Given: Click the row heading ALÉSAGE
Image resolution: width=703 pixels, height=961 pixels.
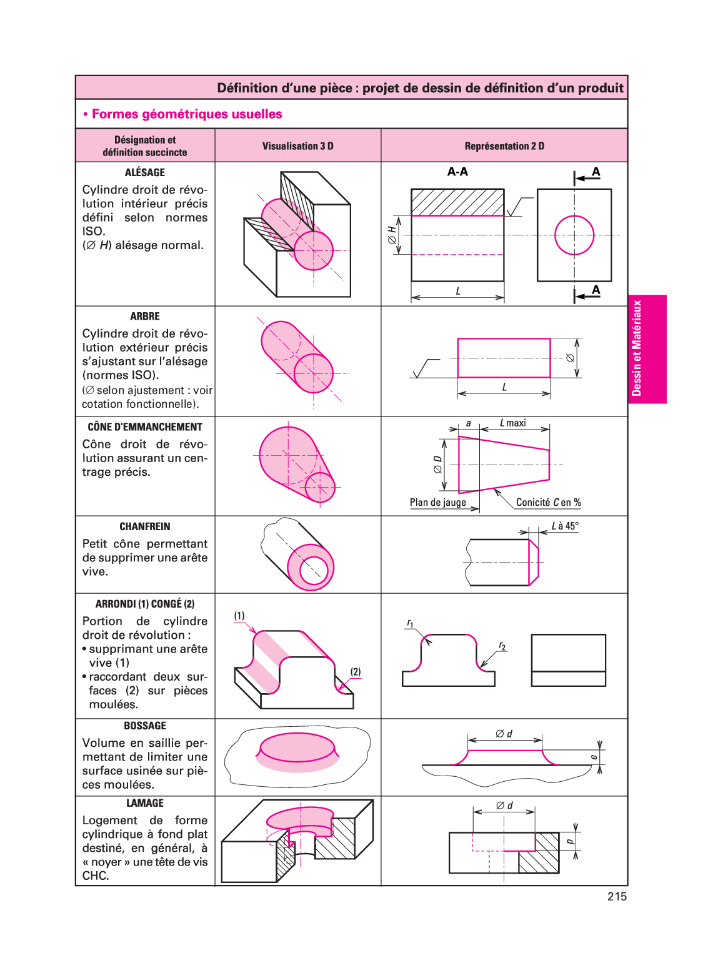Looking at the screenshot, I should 145,172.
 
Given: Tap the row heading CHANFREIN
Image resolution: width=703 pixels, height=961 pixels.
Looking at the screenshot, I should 145,526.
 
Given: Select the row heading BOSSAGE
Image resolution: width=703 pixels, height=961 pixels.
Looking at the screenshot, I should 145,726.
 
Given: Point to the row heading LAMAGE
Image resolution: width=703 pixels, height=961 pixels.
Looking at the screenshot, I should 145,803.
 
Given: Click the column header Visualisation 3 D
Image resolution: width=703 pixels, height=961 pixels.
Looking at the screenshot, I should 297,146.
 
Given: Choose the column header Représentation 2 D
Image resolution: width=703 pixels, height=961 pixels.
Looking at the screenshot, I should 504,146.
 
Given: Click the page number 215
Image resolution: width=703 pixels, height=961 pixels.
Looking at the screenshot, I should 617,897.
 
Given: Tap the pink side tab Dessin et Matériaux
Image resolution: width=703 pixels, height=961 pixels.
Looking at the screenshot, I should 647,348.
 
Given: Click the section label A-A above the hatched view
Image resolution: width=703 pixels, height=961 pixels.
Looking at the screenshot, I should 457,172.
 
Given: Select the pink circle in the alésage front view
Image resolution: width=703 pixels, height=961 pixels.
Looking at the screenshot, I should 574,235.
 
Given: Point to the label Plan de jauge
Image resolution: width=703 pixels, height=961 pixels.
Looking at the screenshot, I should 438,503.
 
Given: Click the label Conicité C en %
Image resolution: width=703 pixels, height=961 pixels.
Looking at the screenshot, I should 548,503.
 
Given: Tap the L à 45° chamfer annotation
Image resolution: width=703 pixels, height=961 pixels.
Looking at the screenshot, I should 565,526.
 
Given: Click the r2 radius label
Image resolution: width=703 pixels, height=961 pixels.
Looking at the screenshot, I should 502,646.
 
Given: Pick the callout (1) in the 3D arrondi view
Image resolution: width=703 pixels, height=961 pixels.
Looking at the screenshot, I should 239,616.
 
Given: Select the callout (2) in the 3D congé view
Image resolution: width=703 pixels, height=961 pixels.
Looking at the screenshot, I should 356,672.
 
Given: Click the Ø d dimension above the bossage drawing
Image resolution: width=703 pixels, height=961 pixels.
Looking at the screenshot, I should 504,734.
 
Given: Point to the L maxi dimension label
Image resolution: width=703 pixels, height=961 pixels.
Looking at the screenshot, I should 513,423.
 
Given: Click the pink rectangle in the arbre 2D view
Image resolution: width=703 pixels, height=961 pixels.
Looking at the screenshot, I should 504,358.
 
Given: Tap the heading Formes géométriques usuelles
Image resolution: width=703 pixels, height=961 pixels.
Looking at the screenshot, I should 187,114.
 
